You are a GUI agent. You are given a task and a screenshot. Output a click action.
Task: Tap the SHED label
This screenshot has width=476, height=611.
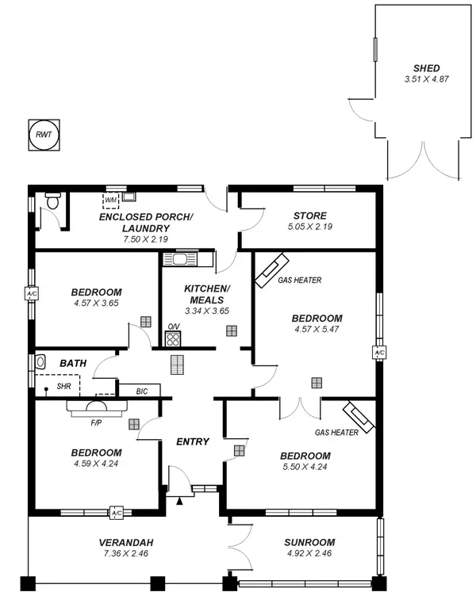[425, 68]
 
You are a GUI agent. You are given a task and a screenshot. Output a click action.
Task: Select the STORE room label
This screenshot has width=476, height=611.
[309, 216]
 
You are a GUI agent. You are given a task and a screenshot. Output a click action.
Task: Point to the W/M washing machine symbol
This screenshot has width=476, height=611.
[112, 200]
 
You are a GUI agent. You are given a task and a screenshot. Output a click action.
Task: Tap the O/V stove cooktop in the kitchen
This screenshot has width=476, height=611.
[173, 338]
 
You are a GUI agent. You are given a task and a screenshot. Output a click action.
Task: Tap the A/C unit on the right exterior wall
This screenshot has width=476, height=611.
[379, 353]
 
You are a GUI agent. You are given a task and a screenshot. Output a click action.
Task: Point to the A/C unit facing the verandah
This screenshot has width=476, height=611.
[117, 513]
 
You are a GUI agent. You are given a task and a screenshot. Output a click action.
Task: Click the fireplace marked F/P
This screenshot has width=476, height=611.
[95, 407]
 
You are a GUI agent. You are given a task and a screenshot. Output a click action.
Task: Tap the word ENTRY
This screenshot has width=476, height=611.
[192, 441]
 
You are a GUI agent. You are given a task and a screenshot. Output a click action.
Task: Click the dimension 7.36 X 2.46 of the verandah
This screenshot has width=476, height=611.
[126, 553]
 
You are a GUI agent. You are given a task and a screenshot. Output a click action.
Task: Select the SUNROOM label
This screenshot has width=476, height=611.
[309, 542]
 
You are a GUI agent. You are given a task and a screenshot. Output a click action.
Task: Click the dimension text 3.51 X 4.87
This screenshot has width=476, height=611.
[425, 79]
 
